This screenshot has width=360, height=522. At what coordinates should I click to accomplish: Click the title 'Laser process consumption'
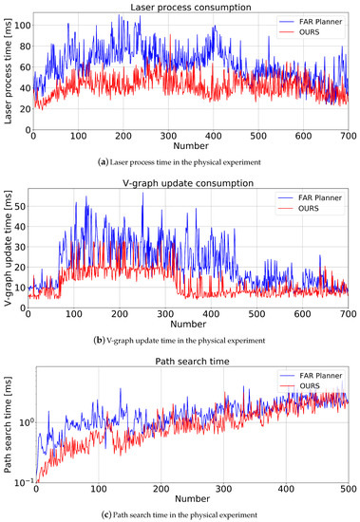190,7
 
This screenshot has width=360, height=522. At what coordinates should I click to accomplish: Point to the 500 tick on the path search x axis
347,489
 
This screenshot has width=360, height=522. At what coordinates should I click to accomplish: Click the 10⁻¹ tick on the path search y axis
21,481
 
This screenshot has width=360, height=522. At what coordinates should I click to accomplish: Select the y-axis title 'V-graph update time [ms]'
8,247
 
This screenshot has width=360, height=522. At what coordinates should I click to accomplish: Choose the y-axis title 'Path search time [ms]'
8,422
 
